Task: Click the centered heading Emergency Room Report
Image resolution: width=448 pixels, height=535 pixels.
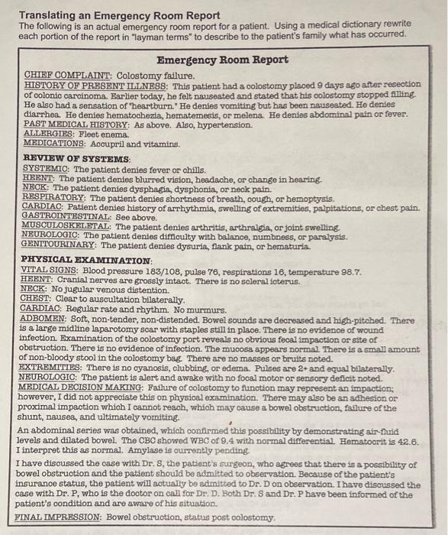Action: tap(222, 60)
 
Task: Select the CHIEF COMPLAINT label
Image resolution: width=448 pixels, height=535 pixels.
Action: tap(67, 75)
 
